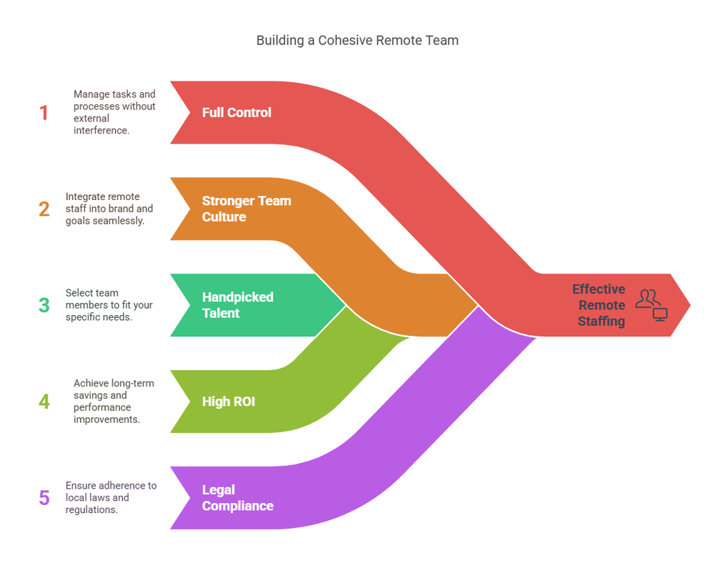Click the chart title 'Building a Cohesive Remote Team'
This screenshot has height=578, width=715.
[357, 41]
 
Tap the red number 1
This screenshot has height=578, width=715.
[44, 113]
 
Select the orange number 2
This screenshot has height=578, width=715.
[44, 209]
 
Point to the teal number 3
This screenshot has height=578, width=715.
[44, 305]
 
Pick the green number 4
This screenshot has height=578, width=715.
[44, 402]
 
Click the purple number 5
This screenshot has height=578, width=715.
[44, 498]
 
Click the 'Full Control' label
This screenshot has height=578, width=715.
[237, 112]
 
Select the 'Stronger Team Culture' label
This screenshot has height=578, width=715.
[247, 209]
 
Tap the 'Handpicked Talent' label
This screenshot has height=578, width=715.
[237, 305]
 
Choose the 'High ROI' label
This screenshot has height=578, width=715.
[229, 402]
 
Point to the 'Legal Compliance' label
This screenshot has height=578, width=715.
[237, 498]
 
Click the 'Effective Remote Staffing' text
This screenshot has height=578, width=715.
[598, 305]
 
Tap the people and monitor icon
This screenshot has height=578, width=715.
[651, 305]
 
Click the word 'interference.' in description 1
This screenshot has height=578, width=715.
[102, 130]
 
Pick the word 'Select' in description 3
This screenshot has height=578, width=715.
[79, 293]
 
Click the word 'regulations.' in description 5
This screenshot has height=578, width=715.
[92, 509]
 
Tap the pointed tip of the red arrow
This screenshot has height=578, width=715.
[691, 305]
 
